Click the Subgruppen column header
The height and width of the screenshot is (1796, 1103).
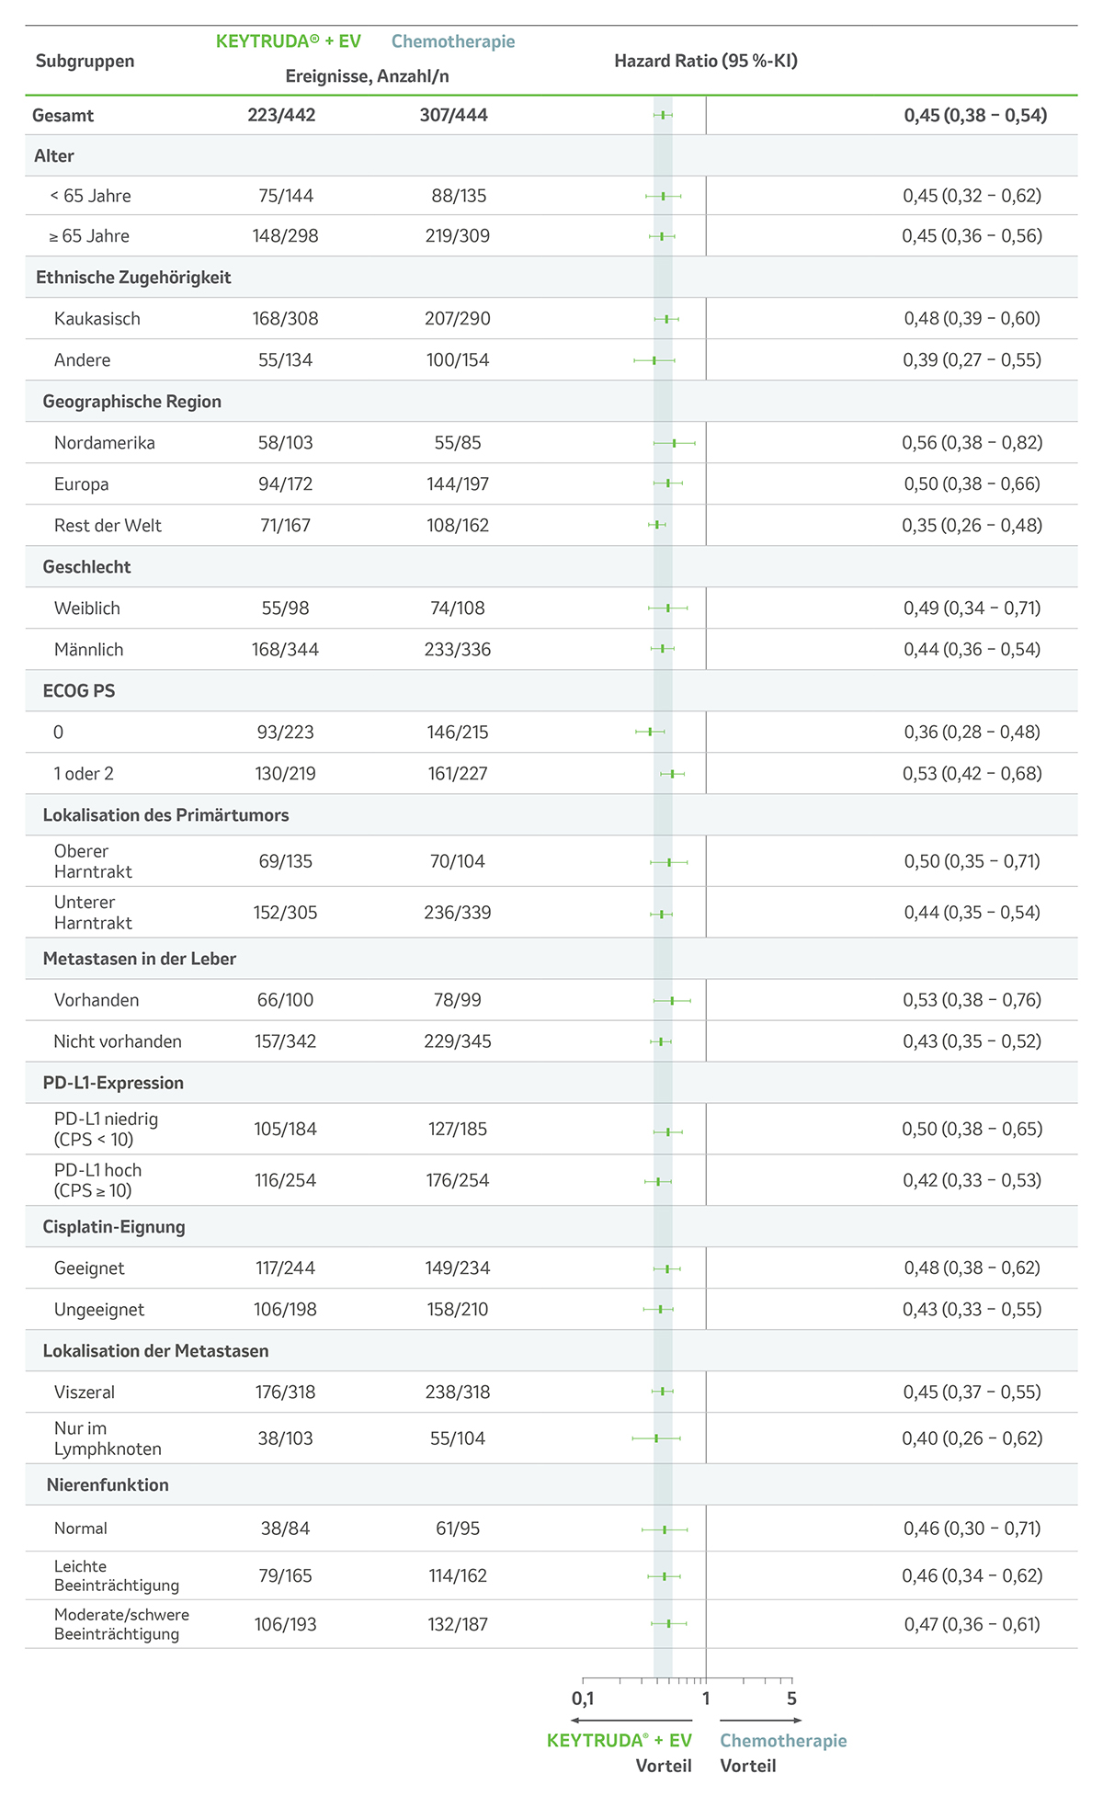[85, 62]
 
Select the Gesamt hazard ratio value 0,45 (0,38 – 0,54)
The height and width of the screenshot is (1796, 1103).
[975, 115]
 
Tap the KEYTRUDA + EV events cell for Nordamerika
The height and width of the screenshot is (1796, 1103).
[285, 443]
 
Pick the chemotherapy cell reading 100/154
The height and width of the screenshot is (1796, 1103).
[458, 360]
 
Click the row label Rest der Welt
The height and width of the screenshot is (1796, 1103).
[108, 526]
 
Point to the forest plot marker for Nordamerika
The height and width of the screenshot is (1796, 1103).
[674, 443]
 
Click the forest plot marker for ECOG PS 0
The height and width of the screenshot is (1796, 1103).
[650, 732]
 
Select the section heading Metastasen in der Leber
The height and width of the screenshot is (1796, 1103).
[140, 959]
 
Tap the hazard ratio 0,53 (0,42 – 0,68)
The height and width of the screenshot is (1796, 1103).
[972, 774]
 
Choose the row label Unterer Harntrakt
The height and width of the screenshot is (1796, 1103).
[93, 913]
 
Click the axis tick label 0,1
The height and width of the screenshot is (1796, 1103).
[583, 1699]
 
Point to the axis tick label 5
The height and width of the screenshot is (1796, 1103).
[791, 1699]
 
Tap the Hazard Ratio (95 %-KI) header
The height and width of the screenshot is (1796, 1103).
[706, 62]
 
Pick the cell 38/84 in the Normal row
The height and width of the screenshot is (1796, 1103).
[285, 1529]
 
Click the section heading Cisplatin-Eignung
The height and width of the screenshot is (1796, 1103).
[114, 1227]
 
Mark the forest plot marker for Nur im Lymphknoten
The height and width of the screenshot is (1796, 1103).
[656, 1438]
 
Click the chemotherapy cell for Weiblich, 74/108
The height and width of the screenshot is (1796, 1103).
[458, 608]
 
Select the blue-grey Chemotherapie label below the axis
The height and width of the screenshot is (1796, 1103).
[783, 1741]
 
